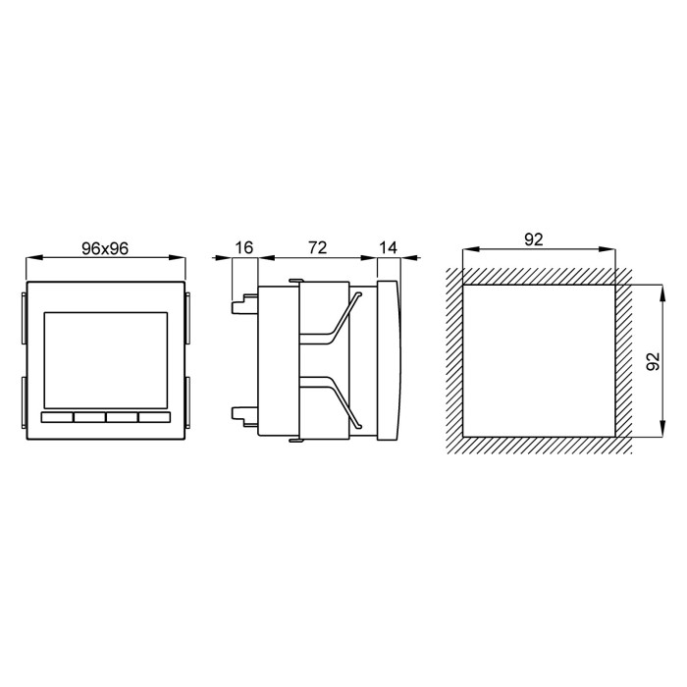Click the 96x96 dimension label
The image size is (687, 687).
click(x=105, y=247)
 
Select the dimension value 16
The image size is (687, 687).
click(x=243, y=247)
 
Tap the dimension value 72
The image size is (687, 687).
click(x=316, y=247)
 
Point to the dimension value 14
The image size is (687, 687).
click(x=390, y=247)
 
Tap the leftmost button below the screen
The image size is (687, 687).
click(x=57, y=418)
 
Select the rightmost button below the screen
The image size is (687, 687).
click(x=154, y=418)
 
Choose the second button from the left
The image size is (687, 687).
click(x=89, y=418)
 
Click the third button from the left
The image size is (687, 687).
click(x=122, y=418)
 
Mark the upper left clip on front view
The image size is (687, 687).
click(x=23, y=316)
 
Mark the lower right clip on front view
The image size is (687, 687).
click(x=187, y=402)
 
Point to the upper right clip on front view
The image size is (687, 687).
click(x=187, y=316)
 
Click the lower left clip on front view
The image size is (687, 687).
click(x=23, y=402)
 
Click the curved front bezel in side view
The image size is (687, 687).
click(x=391, y=360)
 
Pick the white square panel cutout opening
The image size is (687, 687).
click(x=538, y=360)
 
